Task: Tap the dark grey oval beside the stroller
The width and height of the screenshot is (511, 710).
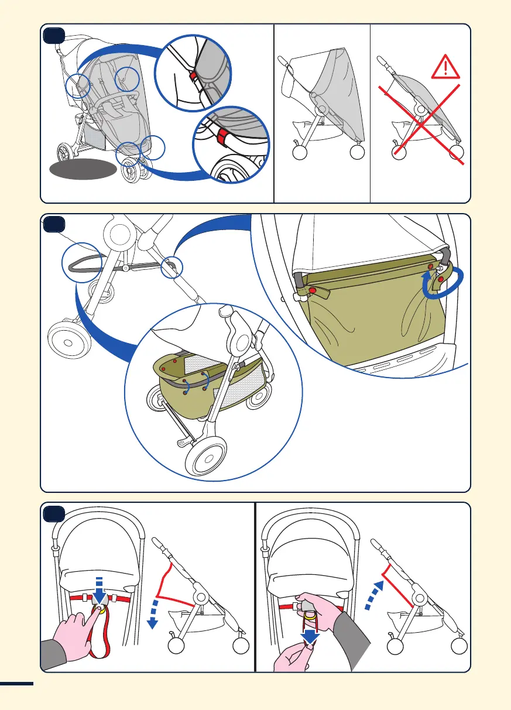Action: point(83,170)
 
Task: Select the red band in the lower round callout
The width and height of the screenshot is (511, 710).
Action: point(222,138)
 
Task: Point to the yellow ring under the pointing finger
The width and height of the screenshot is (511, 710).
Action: point(101,609)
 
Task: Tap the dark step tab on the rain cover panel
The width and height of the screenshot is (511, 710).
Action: point(54,36)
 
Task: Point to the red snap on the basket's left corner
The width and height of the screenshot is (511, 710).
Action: point(313,290)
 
